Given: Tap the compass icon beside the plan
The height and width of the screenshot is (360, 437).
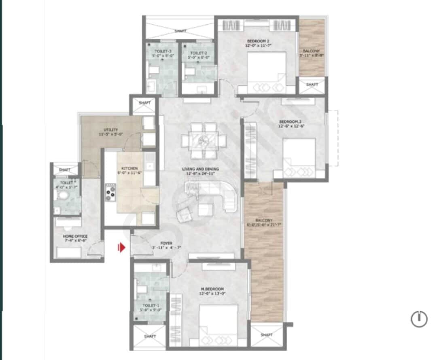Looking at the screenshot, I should click(x=419, y=319).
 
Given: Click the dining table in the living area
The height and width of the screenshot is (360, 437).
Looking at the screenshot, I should click(x=204, y=140).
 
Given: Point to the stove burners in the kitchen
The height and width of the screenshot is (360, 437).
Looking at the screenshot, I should click(x=111, y=192).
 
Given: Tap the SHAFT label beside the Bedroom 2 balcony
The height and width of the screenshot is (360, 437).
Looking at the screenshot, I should click(x=312, y=85).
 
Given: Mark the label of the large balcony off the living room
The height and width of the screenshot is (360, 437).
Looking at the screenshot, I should click(x=263, y=221).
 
